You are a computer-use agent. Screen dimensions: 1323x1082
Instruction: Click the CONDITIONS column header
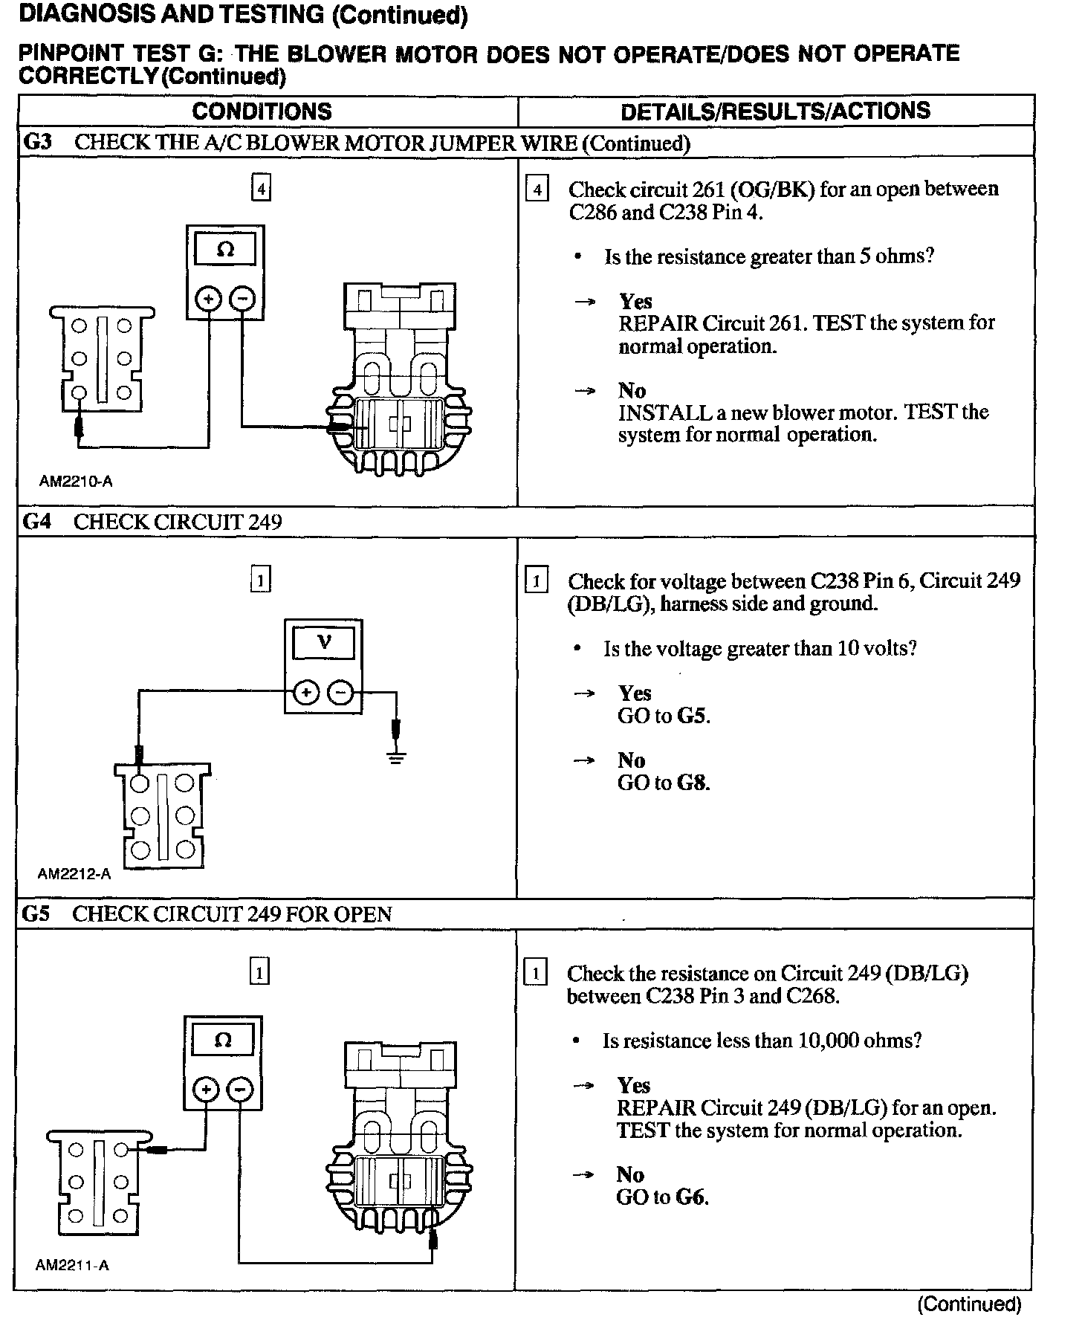pos(262,111)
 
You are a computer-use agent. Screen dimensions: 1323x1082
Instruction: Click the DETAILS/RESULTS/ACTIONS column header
pos(775,111)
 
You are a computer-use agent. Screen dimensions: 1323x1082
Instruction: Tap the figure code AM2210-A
pos(76,482)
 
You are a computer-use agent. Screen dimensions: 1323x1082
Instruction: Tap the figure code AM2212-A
pos(74,874)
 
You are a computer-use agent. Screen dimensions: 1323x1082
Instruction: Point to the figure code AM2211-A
pos(73,1265)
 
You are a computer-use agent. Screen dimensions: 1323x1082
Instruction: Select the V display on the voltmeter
pos(324,641)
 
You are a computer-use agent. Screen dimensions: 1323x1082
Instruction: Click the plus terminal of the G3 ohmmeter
pos(209,299)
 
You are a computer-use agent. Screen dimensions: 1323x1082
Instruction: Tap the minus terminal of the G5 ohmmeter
pos(240,1090)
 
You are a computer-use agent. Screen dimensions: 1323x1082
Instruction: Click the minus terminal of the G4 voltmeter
pos(341,693)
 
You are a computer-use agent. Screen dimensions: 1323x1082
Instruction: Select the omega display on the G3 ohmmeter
pos(224,250)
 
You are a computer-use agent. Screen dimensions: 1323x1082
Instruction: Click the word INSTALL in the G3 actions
pos(655,413)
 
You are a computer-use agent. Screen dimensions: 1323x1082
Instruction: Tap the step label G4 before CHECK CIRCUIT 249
pos(38,522)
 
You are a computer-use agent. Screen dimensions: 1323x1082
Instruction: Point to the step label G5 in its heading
pos(36,913)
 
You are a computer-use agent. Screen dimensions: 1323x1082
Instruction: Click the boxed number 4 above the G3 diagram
pos(261,189)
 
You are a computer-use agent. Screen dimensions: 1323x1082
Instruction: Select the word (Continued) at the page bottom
pos(969,1304)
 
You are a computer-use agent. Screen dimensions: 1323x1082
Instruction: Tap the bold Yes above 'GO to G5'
pos(635,693)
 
